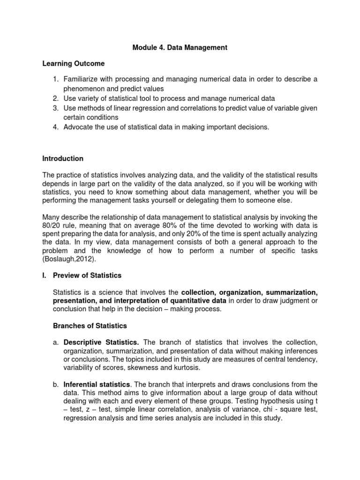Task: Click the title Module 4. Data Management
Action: tap(180, 47)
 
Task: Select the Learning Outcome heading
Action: tap(74, 63)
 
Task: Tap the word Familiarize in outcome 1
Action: tap(82, 79)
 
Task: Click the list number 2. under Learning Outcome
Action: tap(55, 98)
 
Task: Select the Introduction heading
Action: tap(63, 158)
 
